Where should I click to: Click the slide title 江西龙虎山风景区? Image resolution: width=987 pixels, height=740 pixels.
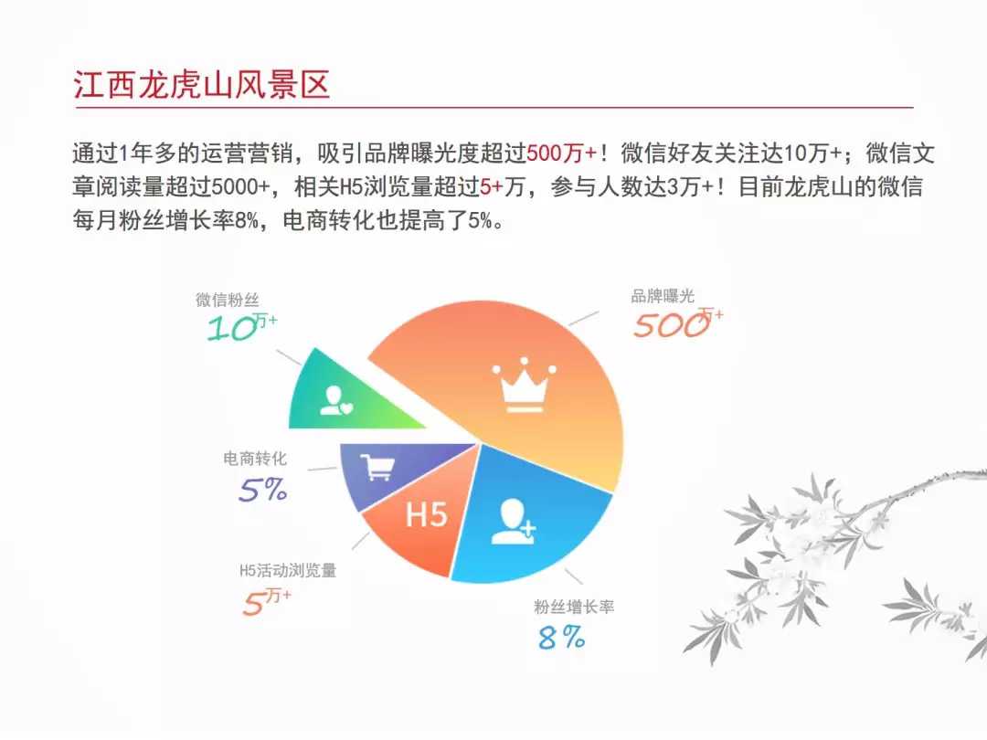201,84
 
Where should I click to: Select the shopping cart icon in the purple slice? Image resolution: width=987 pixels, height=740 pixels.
377,467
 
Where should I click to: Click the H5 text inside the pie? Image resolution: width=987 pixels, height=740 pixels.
426,514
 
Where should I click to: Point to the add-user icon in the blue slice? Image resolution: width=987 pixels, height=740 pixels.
513,522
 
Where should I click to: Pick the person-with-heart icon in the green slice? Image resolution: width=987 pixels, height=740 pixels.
336,401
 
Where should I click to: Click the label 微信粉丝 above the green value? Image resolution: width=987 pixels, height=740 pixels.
228,300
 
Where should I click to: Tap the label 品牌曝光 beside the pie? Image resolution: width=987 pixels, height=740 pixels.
663,296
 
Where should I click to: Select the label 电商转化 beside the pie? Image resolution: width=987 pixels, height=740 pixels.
255,458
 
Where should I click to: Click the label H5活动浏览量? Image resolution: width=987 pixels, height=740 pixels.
288,571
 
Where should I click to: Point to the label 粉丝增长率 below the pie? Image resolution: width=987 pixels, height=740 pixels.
574,608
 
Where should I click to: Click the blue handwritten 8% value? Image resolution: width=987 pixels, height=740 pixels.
561,638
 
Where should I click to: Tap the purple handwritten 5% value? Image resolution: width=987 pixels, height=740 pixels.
262,490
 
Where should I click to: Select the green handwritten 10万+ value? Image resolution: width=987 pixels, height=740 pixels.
242,326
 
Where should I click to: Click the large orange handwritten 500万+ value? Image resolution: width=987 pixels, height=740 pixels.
678,322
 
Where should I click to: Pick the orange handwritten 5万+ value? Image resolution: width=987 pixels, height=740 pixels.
267,601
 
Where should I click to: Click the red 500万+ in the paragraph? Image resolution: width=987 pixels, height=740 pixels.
562,153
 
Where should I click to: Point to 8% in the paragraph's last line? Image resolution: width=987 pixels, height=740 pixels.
246,219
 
